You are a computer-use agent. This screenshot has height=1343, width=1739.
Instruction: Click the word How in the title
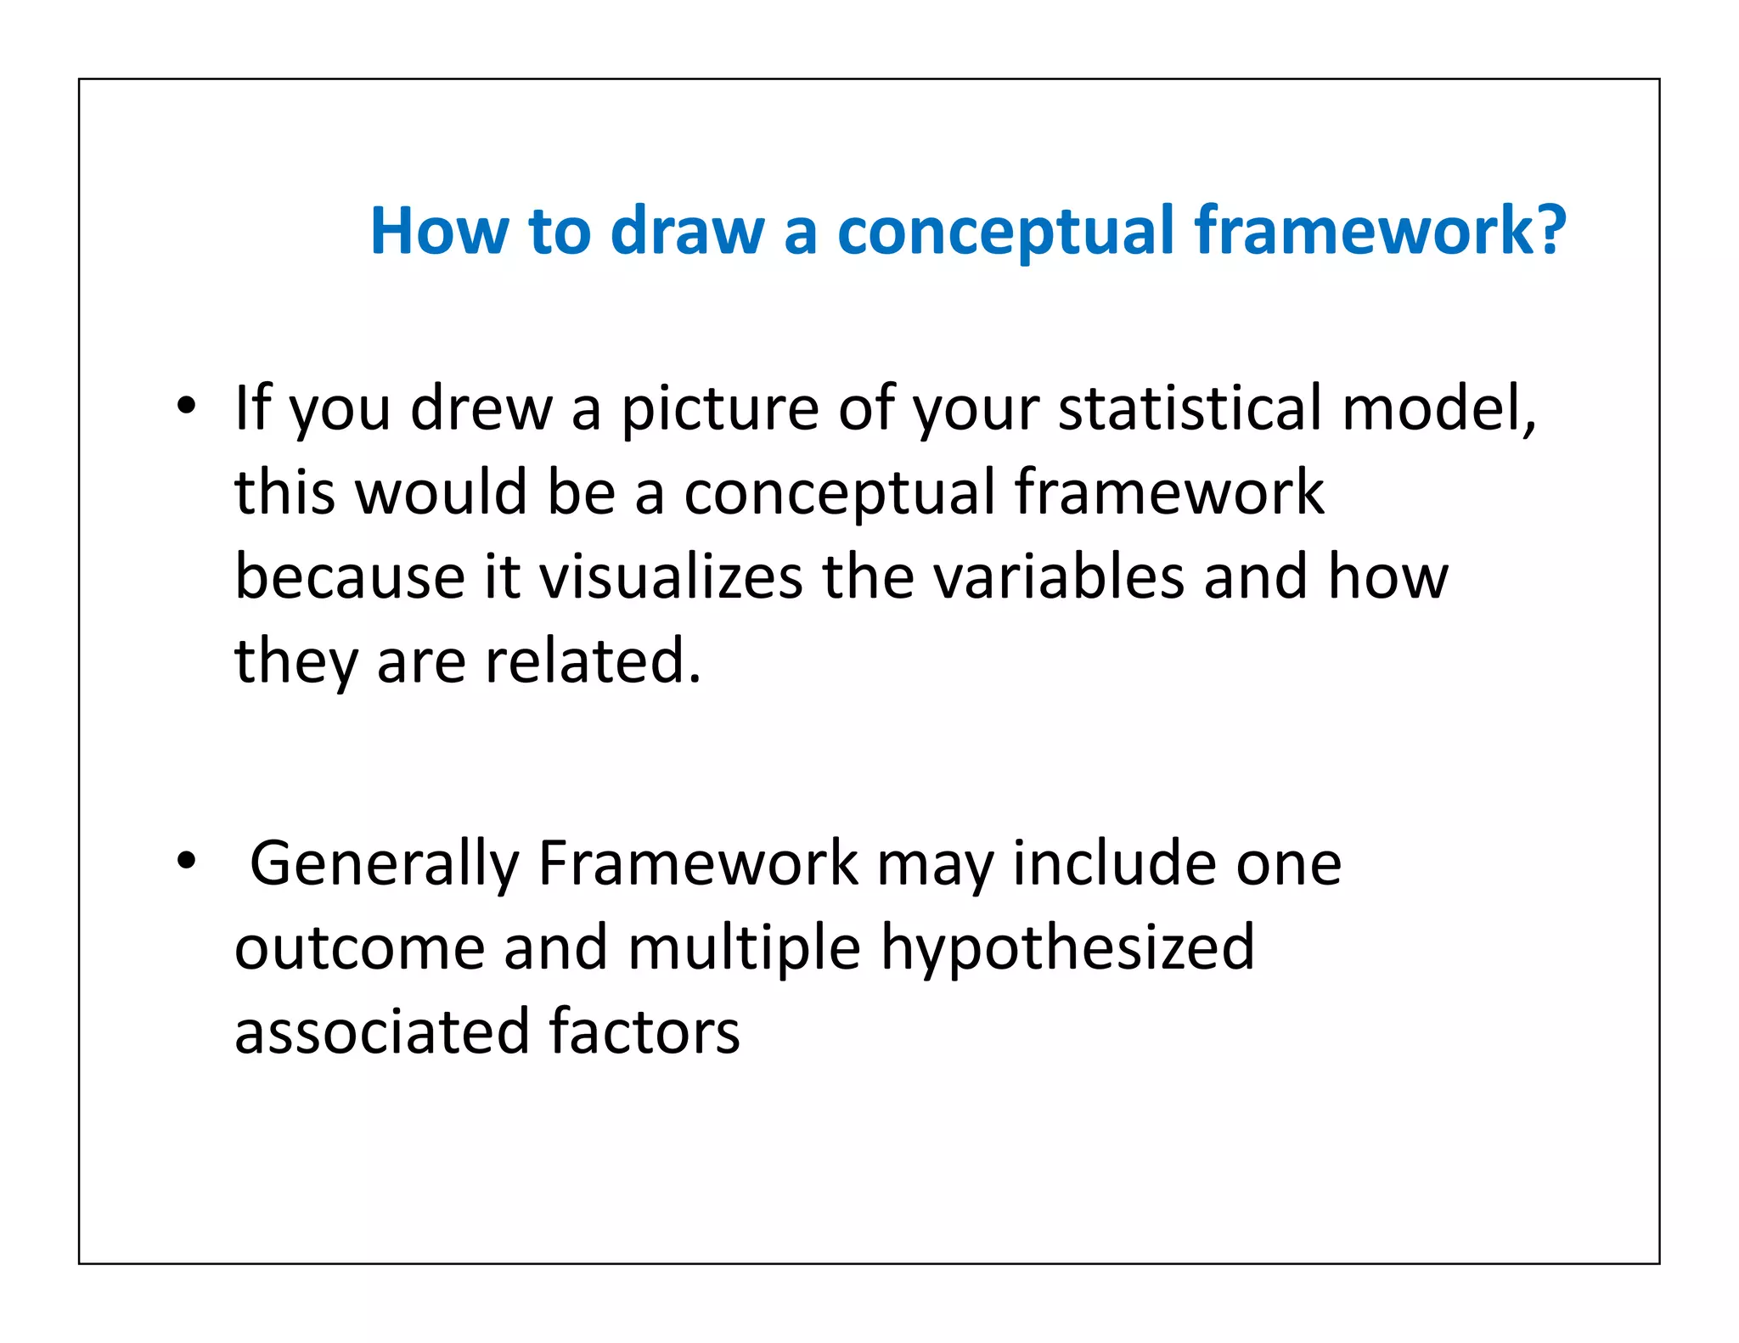pyautogui.click(x=438, y=231)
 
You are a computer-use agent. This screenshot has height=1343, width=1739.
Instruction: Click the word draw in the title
pyautogui.click(x=687, y=231)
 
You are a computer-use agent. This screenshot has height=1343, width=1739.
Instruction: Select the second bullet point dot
pyautogui.click(x=187, y=862)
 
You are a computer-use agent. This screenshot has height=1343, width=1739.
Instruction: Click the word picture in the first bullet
pyautogui.click(x=720, y=410)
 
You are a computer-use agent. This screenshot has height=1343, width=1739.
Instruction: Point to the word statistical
pyautogui.click(x=1190, y=408)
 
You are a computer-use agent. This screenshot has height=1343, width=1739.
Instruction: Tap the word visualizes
pyautogui.click(x=671, y=577)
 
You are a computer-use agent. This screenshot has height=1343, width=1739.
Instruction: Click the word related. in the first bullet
pyautogui.click(x=593, y=661)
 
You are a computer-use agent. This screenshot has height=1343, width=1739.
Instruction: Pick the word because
pyautogui.click(x=349, y=577)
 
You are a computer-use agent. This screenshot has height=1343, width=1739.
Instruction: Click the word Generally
pyautogui.click(x=384, y=864)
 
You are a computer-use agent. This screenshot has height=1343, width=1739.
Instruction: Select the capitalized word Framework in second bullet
pyautogui.click(x=698, y=864)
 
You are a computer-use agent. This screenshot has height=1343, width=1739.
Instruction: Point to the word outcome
pyautogui.click(x=359, y=949)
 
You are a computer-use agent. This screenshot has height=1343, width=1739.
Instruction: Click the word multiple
pyautogui.click(x=744, y=949)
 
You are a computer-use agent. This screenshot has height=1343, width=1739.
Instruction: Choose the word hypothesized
pyautogui.click(x=1067, y=949)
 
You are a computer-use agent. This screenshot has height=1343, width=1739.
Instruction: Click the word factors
pyautogui.click(x=644, y=1032)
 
